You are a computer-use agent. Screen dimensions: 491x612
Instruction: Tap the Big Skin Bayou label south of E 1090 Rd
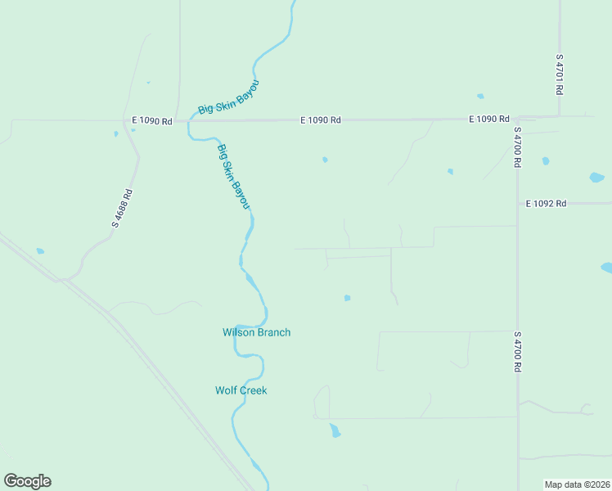[x=232, y=176]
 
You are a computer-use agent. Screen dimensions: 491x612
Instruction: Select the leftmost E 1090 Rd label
[x=155, y=121]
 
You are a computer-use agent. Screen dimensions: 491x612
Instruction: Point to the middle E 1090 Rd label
[x=320, y=120]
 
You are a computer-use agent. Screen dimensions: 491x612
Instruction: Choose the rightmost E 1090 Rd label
[x=489, y=119]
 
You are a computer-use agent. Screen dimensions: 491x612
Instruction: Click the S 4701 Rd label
[x=560, y=74]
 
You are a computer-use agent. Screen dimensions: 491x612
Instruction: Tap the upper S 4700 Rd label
[x=517, y=147]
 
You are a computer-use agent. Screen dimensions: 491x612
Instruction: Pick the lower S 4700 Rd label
[x=517, y=352]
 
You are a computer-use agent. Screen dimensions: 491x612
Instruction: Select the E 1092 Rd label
[x=546, y=203]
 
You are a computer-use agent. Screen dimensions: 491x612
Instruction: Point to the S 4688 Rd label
[x=122, y=208]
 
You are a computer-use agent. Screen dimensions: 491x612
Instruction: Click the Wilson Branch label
[x=256, y=332]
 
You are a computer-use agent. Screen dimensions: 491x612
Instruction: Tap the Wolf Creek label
[x=241, y=390]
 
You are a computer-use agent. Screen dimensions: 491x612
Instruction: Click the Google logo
[x=27, y=481]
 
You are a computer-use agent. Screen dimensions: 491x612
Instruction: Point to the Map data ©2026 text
[x=577, y=484]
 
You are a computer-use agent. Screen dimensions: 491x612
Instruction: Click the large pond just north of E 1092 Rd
[x=596, y=177]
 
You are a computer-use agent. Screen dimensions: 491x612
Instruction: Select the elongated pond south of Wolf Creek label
[x=334, y=430]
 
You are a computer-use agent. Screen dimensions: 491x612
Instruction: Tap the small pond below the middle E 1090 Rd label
[x=325, y=160]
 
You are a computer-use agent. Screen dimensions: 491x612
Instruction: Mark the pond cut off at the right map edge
[x=606, y=268]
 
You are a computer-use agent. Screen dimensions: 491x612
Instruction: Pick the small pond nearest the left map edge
[x=40, y=251]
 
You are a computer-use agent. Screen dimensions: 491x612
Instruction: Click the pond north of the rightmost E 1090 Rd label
[x=480, y=96]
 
